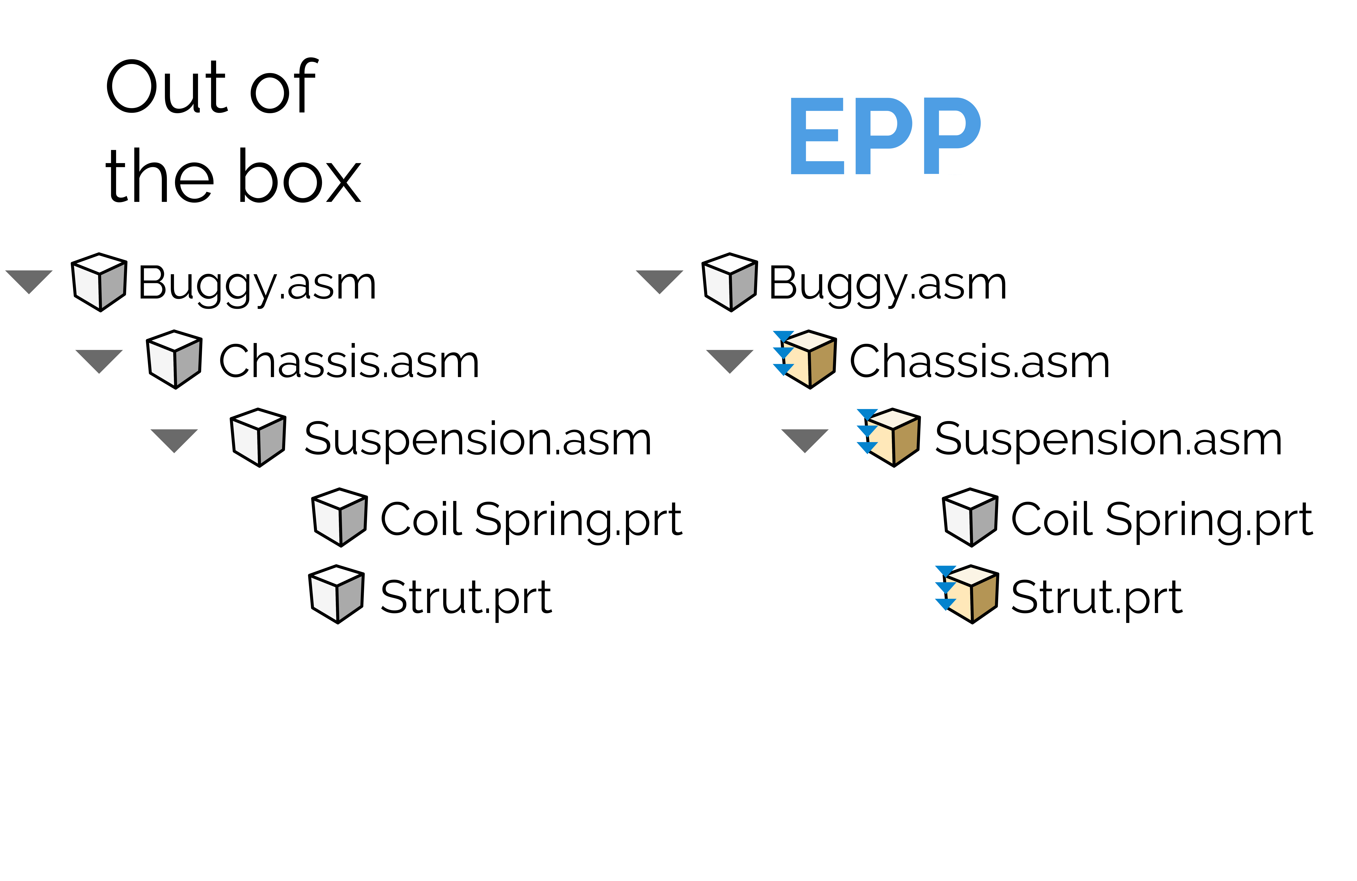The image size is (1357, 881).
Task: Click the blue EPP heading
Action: pos(886,136)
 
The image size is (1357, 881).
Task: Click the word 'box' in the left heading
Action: pos(299,176)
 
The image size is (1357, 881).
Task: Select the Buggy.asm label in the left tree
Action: pos(257,284)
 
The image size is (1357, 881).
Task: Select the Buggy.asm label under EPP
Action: pos(888,284)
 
